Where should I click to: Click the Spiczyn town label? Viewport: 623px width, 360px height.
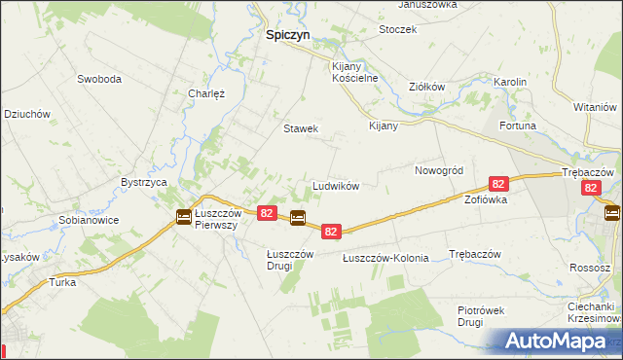tap(288, 33)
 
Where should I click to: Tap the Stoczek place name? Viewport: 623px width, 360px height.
tap(398, 29)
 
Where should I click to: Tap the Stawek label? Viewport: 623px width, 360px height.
tap(301, 128)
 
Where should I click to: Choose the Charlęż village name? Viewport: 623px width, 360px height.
tap(206, 94)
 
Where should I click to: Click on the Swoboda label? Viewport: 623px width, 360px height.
tap(98, 79)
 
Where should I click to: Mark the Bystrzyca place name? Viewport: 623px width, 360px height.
tap(145, 182)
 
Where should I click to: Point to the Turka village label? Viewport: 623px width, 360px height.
tap(62, 282)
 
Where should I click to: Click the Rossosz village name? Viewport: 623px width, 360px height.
tap(591, 267)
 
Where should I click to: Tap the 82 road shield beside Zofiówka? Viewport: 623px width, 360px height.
tap(498, 184)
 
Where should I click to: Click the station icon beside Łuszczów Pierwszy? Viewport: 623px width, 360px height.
tap(183, 217)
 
